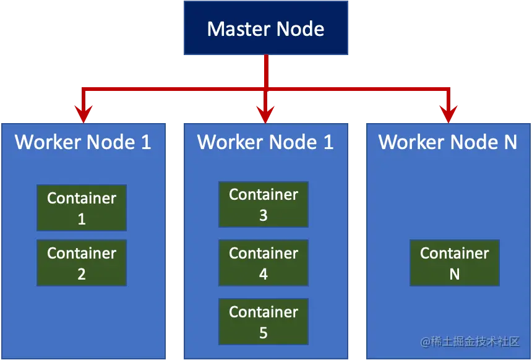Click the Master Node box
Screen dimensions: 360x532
(x=265, y=28)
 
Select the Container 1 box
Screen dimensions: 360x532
(x=82, y=208)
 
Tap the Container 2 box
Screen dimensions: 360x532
(x=82, y=263)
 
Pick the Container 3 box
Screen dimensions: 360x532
(x=264, y=204)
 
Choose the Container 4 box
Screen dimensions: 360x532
(x=264, y=263)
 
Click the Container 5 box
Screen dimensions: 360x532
(x=264, y=322)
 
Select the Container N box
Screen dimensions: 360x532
(x=455, y=263)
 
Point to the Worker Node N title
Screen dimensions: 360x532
(x=447, y=142)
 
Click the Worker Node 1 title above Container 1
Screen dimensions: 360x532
(x=83, y=142)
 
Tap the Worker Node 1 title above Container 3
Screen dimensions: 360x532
(x=265, y=142)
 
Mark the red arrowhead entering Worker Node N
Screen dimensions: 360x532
(x=448, y=113)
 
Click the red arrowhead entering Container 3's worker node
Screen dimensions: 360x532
(x=265, y=113)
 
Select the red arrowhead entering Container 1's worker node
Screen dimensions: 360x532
(x=83, y=113)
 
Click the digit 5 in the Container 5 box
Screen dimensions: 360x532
(x=264, y=333)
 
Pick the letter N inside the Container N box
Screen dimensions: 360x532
(x=455, y=274)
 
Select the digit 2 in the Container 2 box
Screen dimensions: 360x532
(x=82, y=274)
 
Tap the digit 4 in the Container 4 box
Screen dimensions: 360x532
(x=264, y=274)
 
